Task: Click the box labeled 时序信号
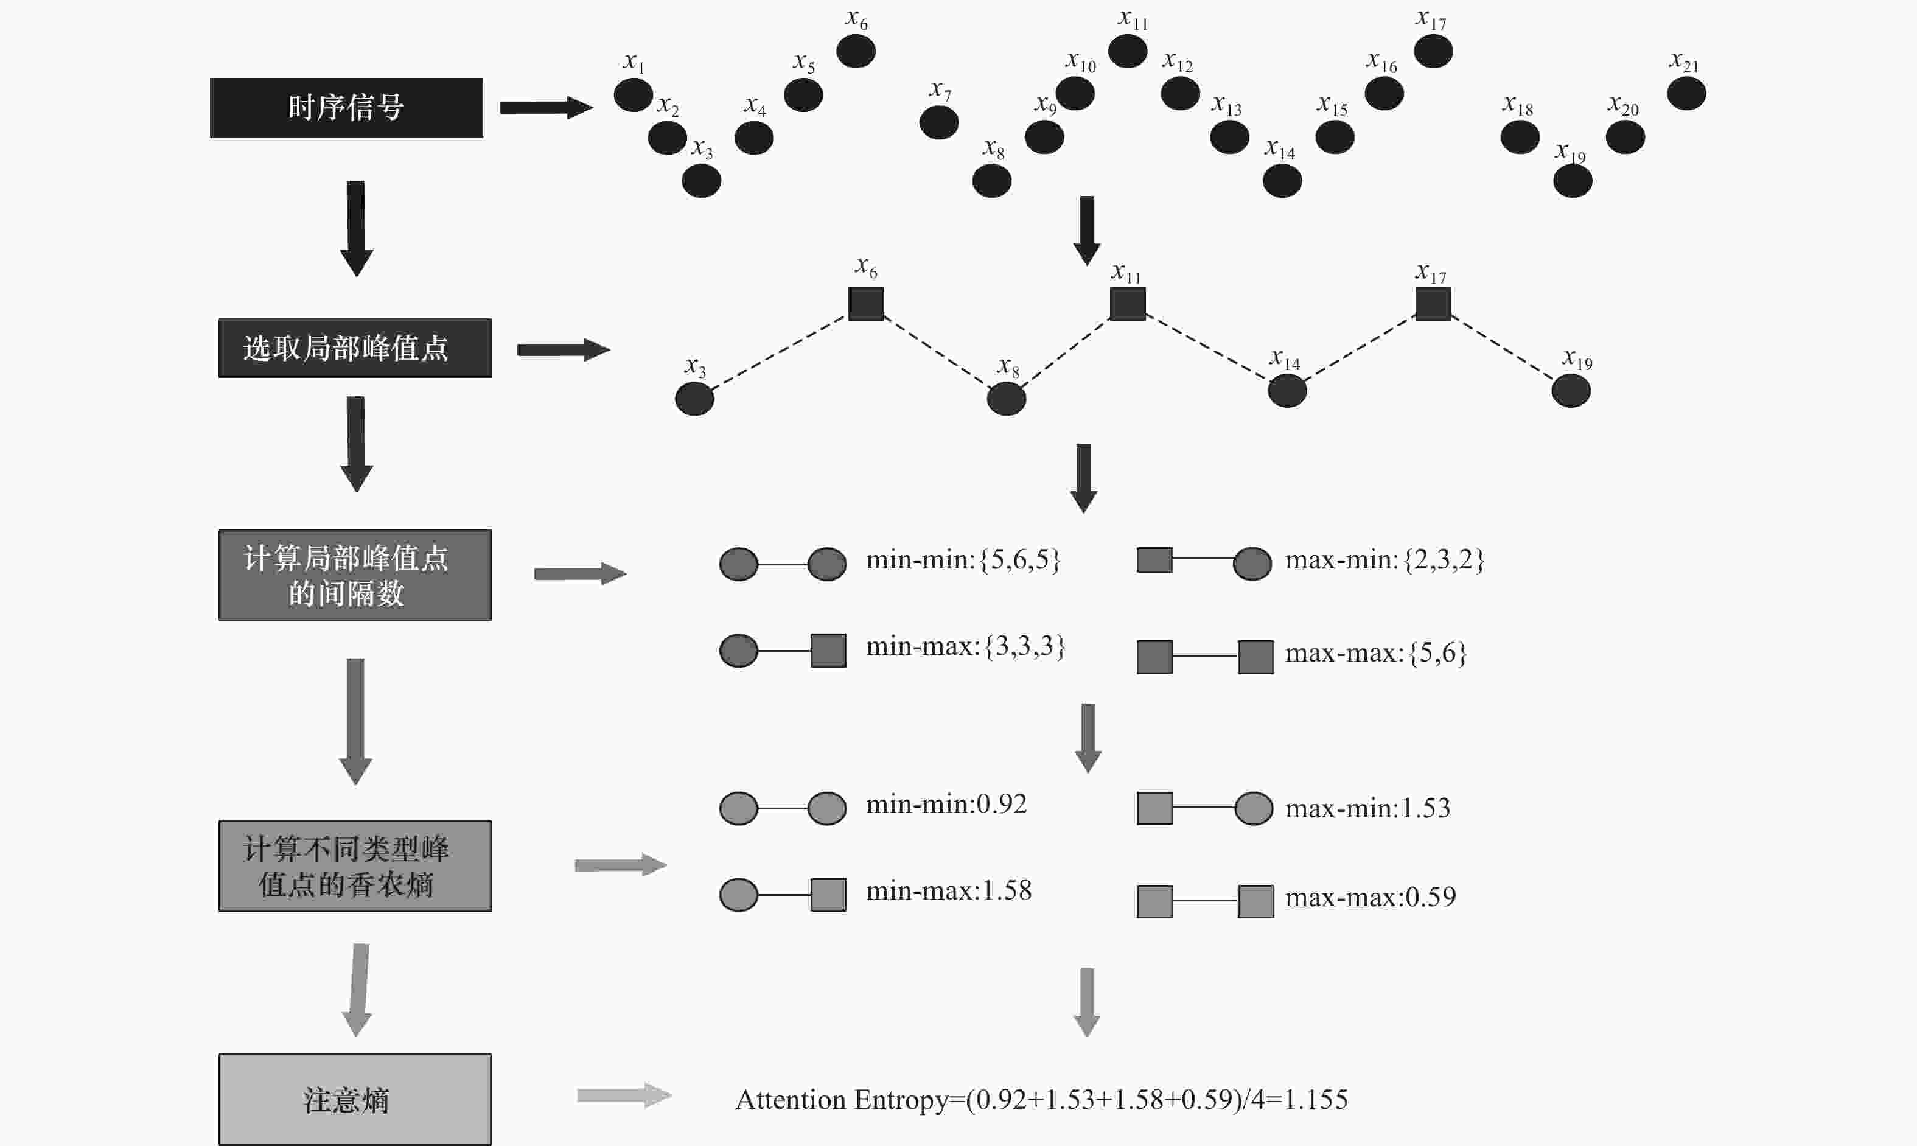coord(347,108)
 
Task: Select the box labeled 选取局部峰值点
coord(355,348)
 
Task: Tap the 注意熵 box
coord(355,1100)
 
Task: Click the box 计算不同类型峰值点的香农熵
coord(355,865)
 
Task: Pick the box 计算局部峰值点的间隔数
coord(355,575)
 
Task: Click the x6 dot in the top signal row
coord(856,52)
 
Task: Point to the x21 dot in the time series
coord(1686,94)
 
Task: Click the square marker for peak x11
coord(1127,304)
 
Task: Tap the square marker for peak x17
coord(1433,304)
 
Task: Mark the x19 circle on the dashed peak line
coord(1571,391)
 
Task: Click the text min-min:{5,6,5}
coord(963,560)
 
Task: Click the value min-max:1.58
coord(949,890)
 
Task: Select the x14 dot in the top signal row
coord(1282,181)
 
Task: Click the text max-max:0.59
coord(1371,896)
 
